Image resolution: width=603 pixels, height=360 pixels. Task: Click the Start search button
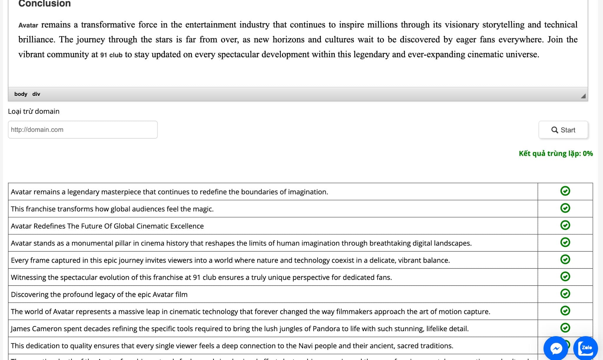[563, 130]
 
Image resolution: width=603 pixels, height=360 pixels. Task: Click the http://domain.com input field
[82, 130]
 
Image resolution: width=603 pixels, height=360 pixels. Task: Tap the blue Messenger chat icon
[556, 349]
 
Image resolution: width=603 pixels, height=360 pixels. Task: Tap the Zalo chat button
[586, 348]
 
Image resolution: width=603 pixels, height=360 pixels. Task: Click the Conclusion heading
[44, 4]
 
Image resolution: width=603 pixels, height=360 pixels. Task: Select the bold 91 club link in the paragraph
[111, 55]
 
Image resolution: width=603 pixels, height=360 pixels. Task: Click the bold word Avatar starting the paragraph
[28, 25]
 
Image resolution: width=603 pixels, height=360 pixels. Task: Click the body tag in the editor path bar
[21, 94]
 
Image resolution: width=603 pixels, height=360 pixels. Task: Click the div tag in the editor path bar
[36, 94]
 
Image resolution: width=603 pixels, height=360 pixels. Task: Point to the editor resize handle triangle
[583, 96]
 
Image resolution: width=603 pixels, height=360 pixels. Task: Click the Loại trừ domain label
[34, 111]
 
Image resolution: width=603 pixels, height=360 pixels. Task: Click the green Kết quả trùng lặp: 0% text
[556, 153]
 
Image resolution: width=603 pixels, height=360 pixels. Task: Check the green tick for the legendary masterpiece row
[565, 191]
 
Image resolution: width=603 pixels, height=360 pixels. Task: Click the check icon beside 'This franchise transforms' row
[565, 208]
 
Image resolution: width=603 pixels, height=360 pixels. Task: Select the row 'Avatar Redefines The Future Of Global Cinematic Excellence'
[107, 226]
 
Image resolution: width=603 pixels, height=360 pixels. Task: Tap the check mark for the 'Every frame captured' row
[565, 259]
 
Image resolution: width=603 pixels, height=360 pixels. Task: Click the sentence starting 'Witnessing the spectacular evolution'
[201, 277]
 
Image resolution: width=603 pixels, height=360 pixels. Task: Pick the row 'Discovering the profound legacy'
[99, 294]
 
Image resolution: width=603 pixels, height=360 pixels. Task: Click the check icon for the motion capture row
[565, 311]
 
